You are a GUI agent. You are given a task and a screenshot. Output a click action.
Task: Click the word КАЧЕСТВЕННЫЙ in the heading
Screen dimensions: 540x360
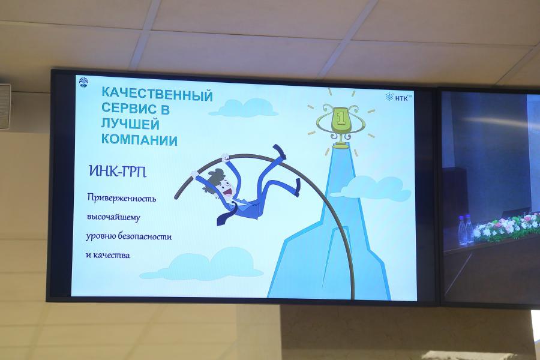[x=157, y=94]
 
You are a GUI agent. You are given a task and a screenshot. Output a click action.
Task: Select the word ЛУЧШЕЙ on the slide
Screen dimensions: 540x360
[x=130, y=124]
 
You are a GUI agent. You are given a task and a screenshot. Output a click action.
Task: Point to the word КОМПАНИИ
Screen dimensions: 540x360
[x=139, y=140]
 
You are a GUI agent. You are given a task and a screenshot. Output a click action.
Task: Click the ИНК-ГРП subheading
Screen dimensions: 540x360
[x=118, y=171]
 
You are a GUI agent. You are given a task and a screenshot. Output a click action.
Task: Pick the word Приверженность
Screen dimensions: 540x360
[x=122, y=198]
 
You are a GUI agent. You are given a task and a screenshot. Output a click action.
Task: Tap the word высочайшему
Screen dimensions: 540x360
[x=113, y=217]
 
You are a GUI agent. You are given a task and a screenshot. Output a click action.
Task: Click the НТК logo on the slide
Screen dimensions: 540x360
[x=399, y=97]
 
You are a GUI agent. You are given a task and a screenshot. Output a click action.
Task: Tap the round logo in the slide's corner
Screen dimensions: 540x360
[x=83, y=82]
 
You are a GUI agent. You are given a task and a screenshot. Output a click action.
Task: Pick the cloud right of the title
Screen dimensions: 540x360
[x=244, y=107]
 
